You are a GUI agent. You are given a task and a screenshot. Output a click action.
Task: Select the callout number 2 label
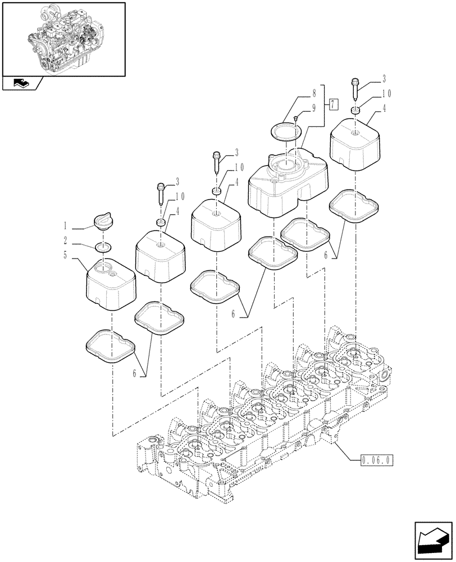[65, 240]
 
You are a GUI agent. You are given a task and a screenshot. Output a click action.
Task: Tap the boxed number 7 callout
[334, 104]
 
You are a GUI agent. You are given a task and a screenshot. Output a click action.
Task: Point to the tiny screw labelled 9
[296, 117]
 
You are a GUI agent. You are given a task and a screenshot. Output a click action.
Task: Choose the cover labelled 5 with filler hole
[111, 283]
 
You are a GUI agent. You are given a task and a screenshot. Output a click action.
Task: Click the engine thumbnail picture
[63, 38]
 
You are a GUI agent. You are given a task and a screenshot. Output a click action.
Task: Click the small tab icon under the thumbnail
[22, 84]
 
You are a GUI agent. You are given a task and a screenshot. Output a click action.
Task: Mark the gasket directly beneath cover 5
[110, 346]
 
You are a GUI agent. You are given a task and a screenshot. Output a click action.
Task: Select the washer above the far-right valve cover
[355, 110]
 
